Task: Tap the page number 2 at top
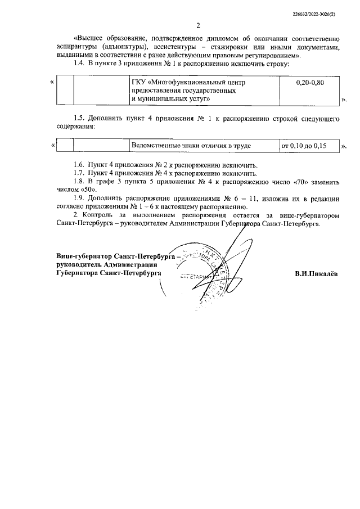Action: coord(198,25)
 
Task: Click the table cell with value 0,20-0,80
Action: coord(309,83)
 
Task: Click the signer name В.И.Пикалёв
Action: coord(316,274)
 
